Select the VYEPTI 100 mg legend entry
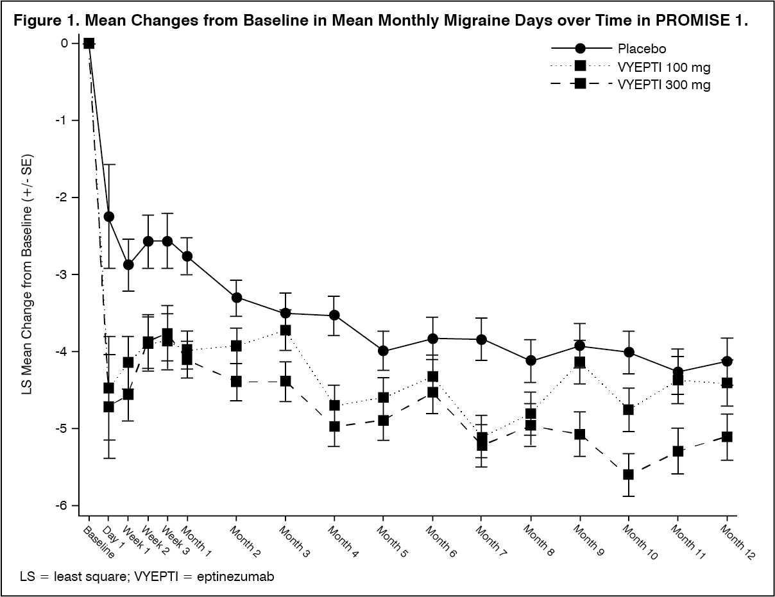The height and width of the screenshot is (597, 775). click(664, 67)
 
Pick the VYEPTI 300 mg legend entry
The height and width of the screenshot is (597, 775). click(664, 84)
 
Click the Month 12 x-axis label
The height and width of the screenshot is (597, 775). click(737, 542)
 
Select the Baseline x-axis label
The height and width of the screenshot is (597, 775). click(99, 542)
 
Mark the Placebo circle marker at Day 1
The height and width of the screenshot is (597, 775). click(109, 217)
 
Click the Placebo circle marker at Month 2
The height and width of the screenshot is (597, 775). click(237, 298)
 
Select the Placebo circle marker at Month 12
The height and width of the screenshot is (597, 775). click(727, 361)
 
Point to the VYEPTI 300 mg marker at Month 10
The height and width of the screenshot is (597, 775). click(629, 475)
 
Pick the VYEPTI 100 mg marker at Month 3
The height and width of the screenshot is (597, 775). click(285, 330)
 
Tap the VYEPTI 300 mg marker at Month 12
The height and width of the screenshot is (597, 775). click(727, 437)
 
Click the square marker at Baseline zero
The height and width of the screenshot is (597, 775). click(89, 44)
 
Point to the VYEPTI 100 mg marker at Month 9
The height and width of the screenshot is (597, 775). click(580, 362)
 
